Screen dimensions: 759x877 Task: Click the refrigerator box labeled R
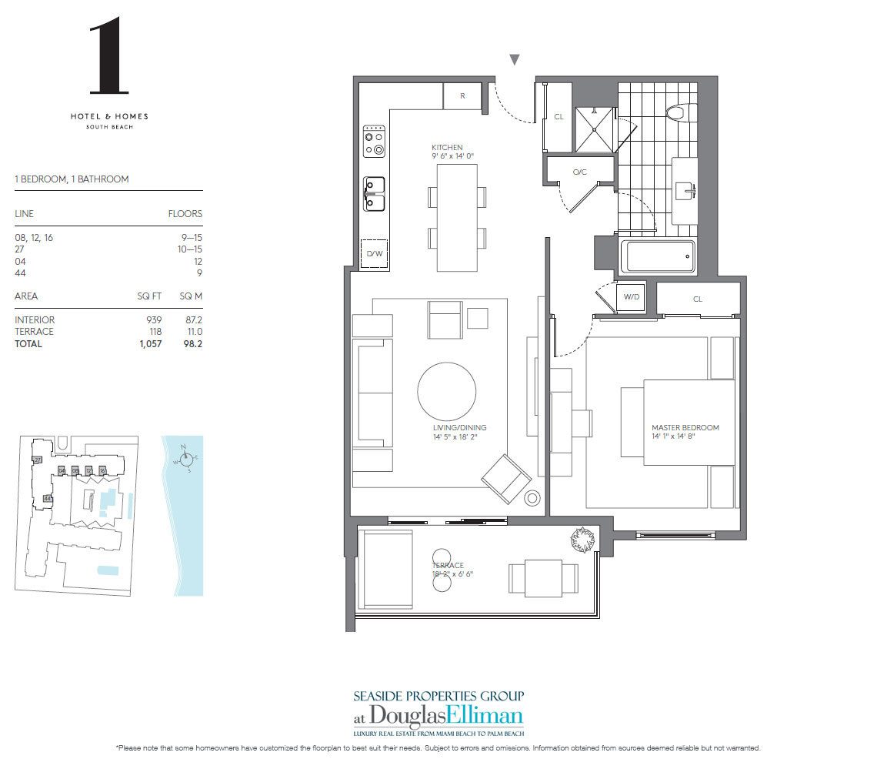462,96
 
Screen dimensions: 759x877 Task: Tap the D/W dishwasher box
374,253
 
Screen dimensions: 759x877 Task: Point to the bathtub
659,256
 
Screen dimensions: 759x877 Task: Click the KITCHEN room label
447,147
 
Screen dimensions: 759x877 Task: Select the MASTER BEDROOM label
685,427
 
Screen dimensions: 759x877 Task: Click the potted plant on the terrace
582,540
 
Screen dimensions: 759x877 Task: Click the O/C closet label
579,172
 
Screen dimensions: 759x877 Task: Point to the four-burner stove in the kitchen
374,141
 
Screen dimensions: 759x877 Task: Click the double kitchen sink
374,194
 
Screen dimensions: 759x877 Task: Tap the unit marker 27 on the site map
37,460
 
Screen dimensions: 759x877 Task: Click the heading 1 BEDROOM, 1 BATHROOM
72,179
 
